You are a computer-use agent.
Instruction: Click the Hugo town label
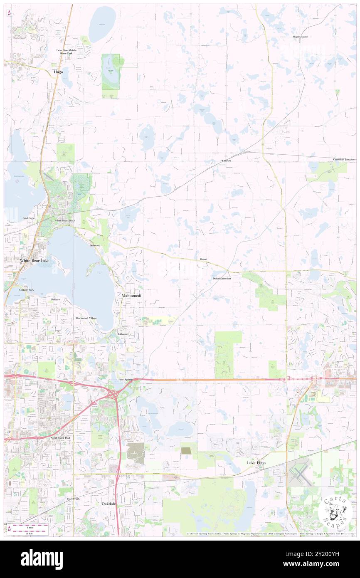59,72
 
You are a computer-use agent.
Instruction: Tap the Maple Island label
300,37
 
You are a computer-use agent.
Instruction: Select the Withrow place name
226,160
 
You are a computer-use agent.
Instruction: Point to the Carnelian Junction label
344,160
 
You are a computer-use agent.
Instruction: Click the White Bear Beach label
64,220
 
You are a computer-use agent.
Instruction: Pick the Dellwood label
95,246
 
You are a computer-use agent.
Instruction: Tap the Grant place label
203,259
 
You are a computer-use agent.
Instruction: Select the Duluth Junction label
222,278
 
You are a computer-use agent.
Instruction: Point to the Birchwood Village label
86,318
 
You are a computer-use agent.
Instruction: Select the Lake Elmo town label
256,463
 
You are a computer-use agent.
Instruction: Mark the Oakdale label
109,504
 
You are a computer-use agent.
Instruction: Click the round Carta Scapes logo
335,511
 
